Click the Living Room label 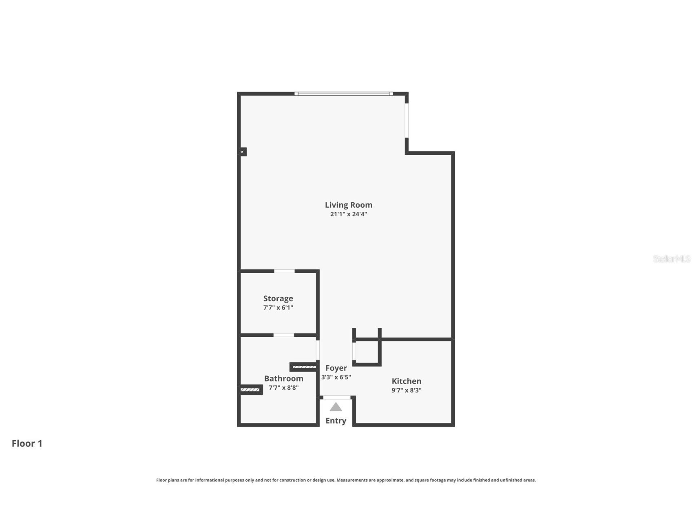(348, 205)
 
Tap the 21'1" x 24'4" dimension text (348, 214)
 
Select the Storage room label (278, 299)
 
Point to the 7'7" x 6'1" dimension (278, 308)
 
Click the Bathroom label (283, 379)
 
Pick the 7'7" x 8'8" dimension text (283, 388)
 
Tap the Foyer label (336, 368)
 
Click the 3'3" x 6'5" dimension (336, 377)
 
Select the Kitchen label (406, 381)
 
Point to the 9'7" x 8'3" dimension (406, 390)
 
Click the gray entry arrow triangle (336, 407)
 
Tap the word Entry (336, 421)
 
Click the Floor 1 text (27, 443)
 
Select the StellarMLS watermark (671, 259)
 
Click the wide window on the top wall (343, 94)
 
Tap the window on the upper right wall (407, 121)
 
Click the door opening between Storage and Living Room (284, 271)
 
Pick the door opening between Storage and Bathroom (283, 335)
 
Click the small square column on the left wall (242, 152)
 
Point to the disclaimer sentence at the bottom (346, 480)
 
